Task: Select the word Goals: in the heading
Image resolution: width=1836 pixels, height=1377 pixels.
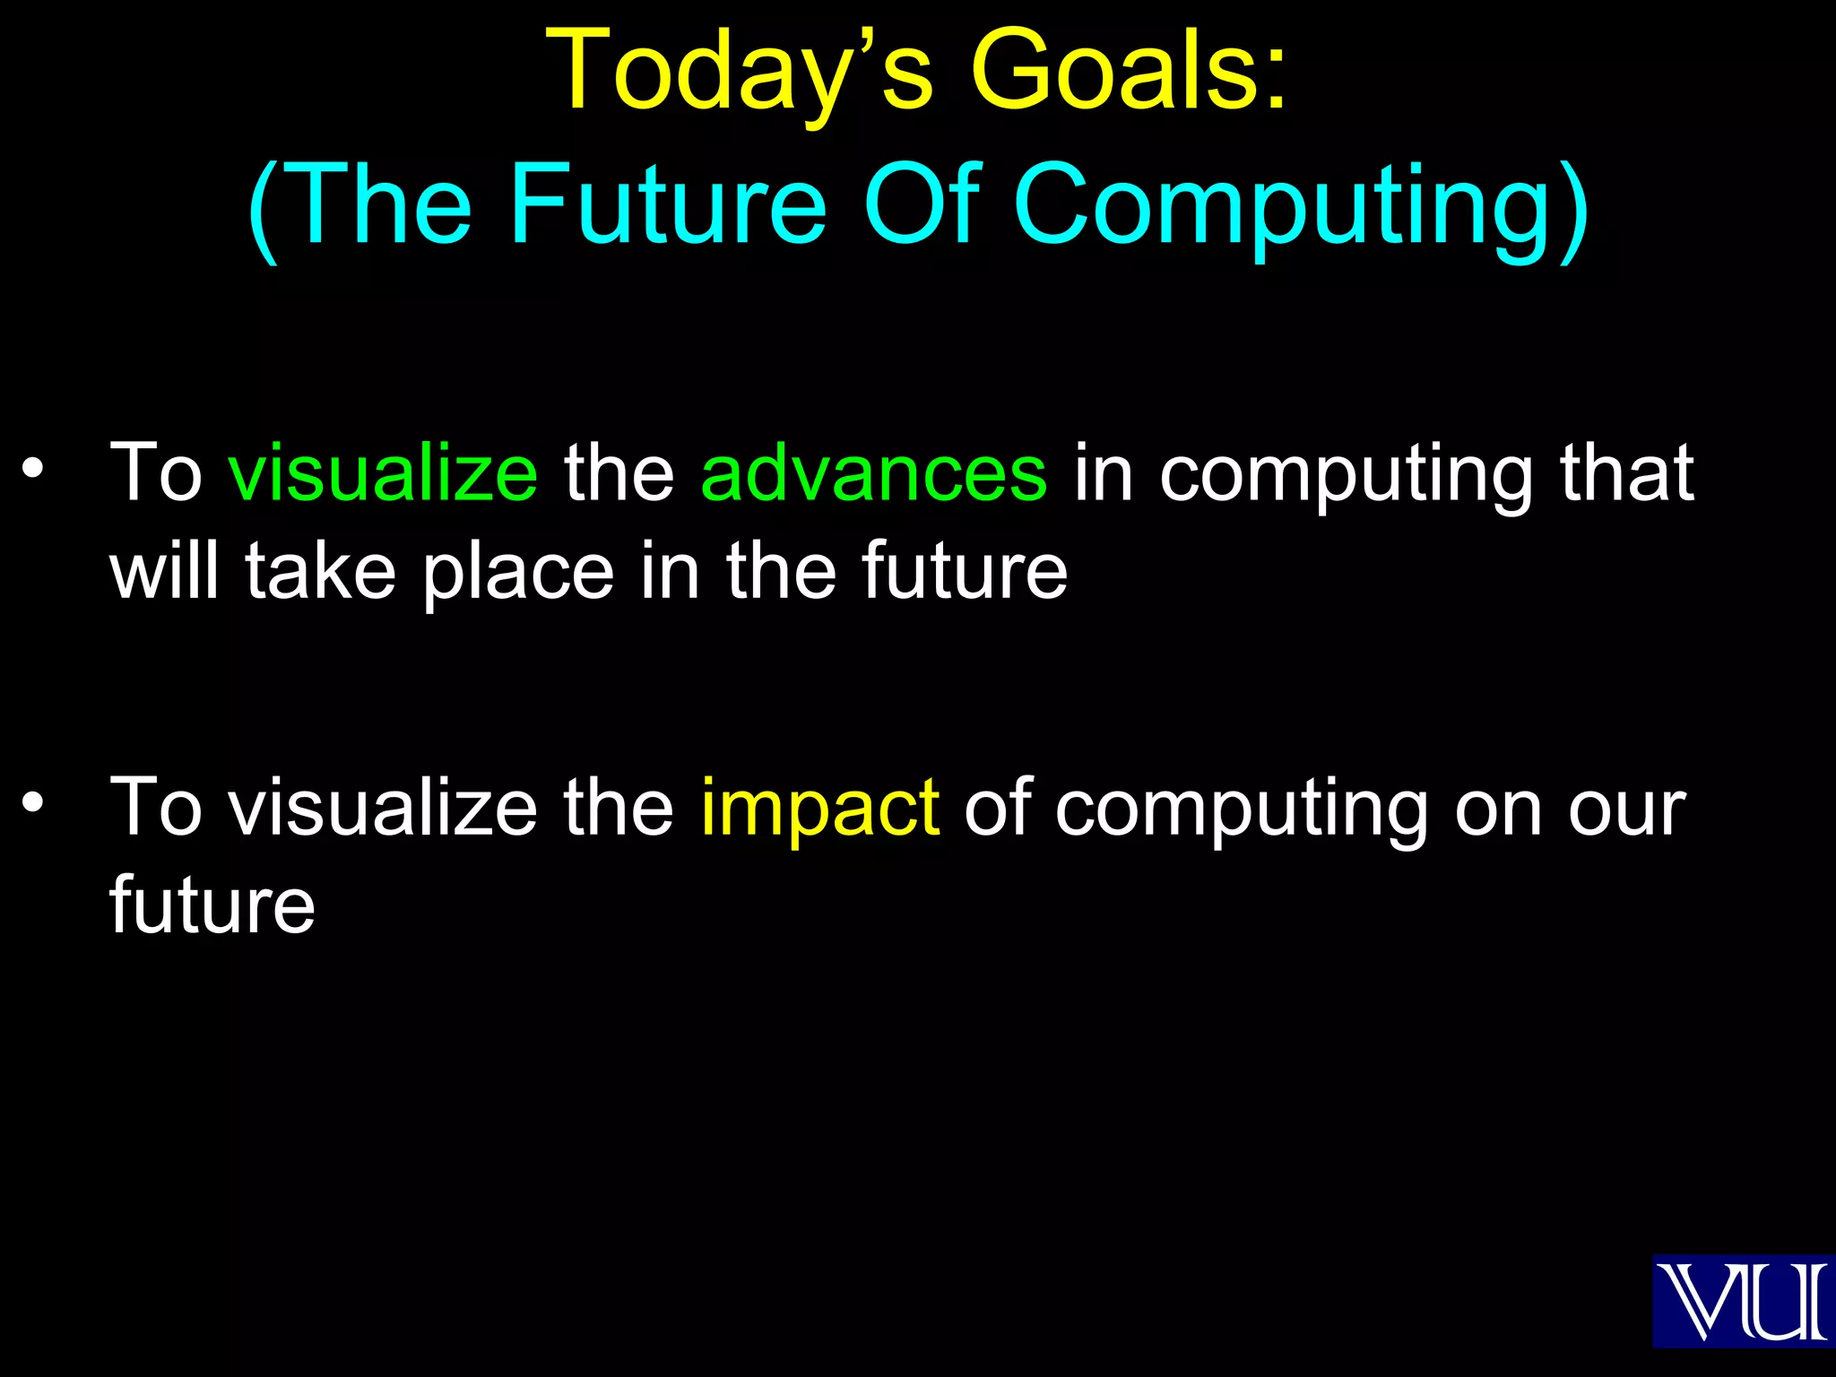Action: (1130, 72)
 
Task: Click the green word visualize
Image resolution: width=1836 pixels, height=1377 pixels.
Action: (383, 472)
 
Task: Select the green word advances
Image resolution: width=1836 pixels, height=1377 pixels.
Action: (873, 472)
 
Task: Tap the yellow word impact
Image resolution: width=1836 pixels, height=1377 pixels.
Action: (819, 808)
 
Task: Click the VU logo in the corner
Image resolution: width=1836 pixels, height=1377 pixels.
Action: (1742, 1301)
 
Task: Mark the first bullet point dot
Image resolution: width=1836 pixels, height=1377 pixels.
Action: (33, 467)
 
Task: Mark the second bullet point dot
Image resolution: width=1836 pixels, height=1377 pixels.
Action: (33, 802)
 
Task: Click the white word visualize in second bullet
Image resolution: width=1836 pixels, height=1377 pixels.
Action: (383, 808)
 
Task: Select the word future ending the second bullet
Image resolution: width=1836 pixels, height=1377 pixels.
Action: (212, 905)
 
